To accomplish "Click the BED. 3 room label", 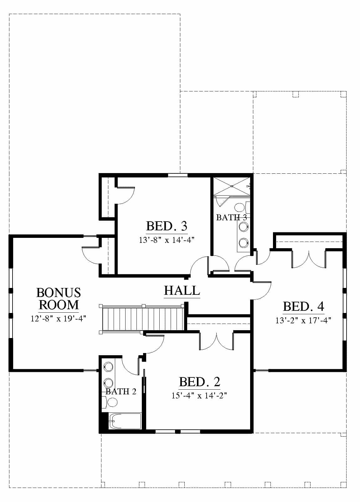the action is coord(167,226).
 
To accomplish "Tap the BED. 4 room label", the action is coord(304,307).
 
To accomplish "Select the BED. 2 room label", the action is coord(199,382).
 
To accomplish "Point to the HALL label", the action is coord(182,290).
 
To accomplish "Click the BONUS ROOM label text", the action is coord(59,299).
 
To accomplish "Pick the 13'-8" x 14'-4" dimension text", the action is coord(167,240).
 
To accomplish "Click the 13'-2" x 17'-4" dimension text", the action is coord(303,320).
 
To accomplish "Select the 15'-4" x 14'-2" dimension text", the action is coord(199,396).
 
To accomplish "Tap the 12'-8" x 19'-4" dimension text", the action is coord(59,319).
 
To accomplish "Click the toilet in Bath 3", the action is coord(242,208).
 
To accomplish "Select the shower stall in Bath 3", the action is coord(232,186).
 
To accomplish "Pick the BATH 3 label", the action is coord(231,218).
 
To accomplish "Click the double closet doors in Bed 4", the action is coord(309,259).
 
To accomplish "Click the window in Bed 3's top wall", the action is coord(178,175).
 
